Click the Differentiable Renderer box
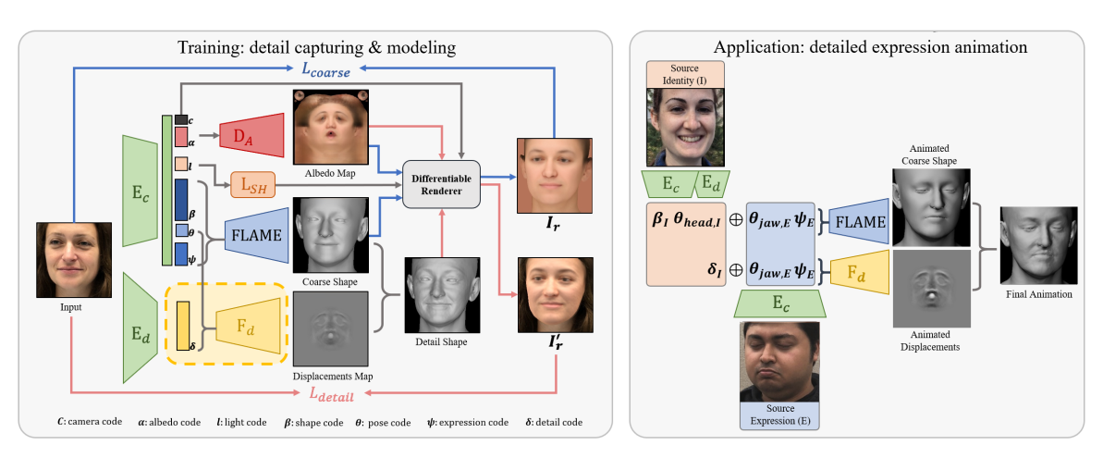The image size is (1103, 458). click(x=441, y=184)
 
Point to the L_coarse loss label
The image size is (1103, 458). click(x=323, y=68)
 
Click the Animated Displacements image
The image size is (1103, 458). click(x=929, y=288)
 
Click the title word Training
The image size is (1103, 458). click(x=214, y=45)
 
